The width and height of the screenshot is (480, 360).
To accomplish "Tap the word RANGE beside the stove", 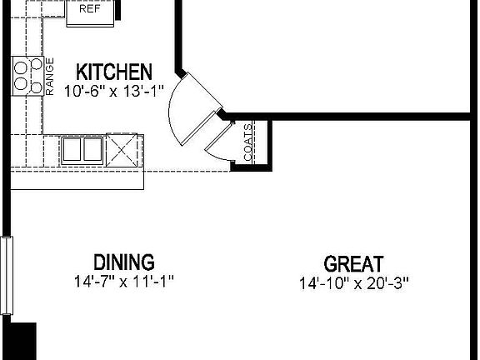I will pyautogui.click(x=49, y=76).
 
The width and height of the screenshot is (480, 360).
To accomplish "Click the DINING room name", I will pyautogui.click(x=123, y=262).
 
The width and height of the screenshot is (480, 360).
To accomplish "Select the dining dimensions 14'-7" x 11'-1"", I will pyautogui.click(x=123, y=281).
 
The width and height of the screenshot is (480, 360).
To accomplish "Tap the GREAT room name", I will pyautogui.click(x=354, y=265).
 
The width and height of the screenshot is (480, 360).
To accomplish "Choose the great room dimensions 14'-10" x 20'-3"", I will pyautogui.click(x=354, y=283).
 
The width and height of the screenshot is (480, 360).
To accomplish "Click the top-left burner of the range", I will pyautogui.click(x=20, y=66).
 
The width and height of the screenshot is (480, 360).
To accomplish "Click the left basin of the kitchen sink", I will pyautogui.click(x=72, y=150).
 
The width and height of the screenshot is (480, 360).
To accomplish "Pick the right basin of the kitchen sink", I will pyautogui.click(x=91, y=150).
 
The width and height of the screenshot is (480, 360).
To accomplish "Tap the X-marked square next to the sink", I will pyautogui.click(x=120, y=150).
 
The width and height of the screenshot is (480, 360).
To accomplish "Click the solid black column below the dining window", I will pyautogui.click(x=19, y=341).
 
